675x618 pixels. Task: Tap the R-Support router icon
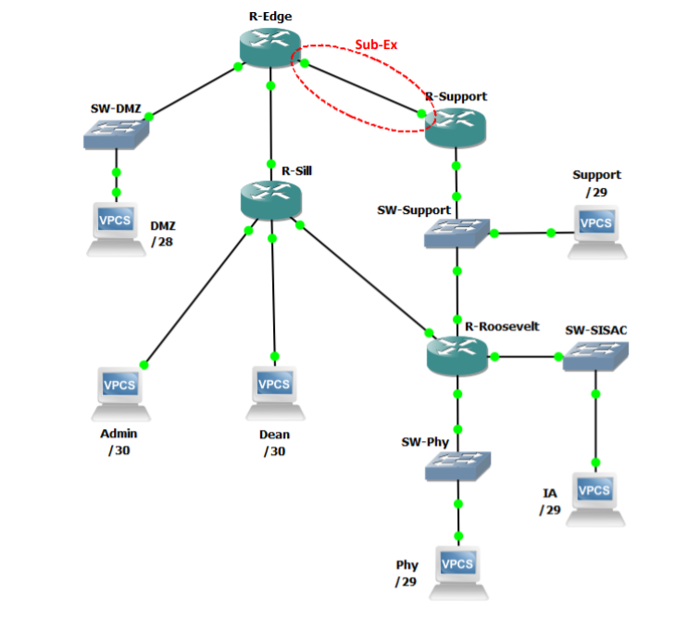point(455,124)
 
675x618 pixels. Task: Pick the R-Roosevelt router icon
point(456,355)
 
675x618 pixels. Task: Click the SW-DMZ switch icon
point(116,135)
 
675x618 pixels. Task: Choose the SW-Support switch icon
point(456,233)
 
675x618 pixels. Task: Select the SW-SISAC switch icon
point(595,357)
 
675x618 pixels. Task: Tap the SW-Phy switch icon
point(457,465)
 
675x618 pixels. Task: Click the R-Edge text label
point(269,16)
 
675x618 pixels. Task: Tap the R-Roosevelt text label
point(502,326)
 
